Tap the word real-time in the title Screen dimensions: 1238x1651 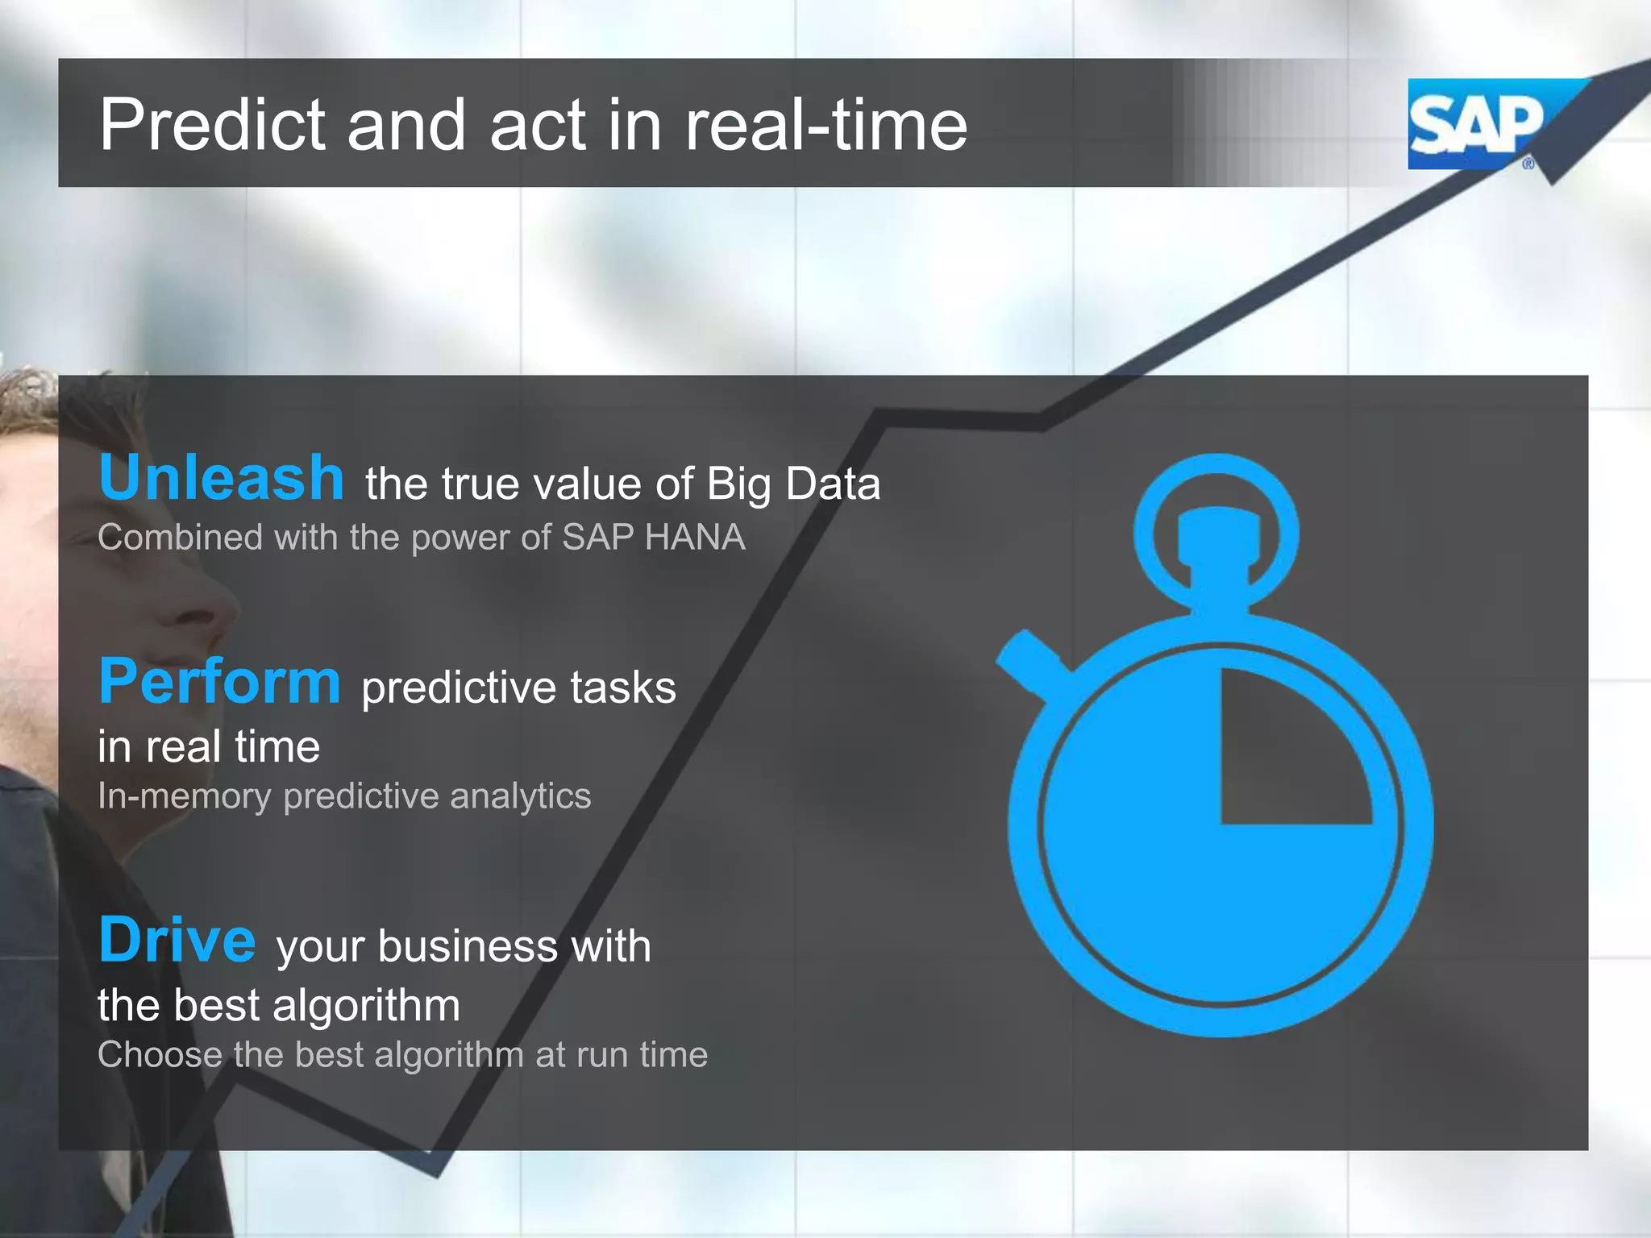[x=825, y=125]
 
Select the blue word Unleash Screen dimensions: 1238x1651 [x=222, y=477]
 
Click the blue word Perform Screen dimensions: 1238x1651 [x=219, y=682]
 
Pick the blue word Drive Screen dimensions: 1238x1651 [x=177, y=940]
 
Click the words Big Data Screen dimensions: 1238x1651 [x=793, y=484]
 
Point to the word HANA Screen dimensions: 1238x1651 [x=695, y=538]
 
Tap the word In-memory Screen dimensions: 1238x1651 [x=185, y=796]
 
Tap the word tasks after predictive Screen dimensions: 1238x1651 [x=623, y=688]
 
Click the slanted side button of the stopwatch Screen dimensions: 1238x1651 [x=1028, y=661]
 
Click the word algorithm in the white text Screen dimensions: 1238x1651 [x=366, y=1006]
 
